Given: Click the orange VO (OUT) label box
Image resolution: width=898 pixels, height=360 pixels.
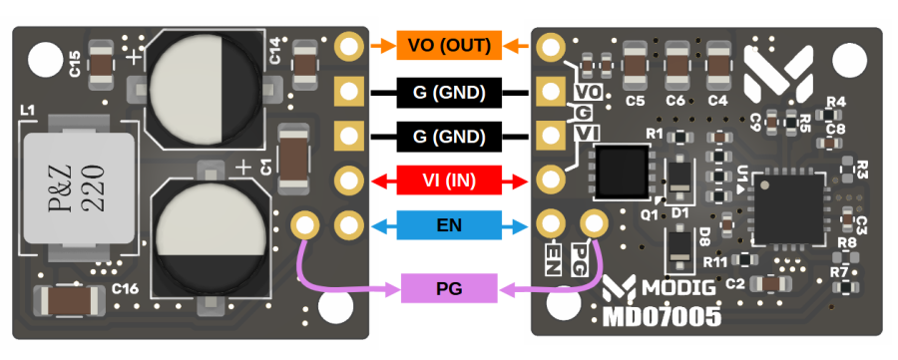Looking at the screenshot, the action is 449,46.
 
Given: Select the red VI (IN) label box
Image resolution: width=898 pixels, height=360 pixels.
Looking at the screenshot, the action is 449,181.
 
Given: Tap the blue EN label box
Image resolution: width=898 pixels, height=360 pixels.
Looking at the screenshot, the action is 449,225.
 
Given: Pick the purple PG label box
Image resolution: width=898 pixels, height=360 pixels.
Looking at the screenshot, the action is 449,288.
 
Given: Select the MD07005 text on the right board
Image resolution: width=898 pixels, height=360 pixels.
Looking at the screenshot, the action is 662,315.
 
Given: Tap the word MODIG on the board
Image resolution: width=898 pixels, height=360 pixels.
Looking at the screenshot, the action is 679,287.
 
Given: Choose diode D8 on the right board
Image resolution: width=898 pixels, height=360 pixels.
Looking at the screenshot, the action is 679,248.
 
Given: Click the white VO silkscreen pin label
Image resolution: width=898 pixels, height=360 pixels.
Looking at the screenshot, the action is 588,92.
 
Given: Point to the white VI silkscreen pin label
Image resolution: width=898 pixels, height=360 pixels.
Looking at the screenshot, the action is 587,134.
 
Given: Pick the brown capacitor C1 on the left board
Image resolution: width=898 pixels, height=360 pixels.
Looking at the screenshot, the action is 292,160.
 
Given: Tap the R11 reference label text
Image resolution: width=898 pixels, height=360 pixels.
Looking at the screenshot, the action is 715,262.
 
